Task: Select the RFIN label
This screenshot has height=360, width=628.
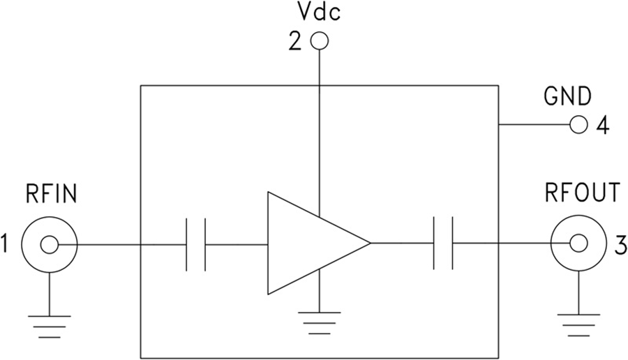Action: (x=50, y=193)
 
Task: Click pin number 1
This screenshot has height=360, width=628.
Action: (x=8, y=245)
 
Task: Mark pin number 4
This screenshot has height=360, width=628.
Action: (x=603, y=126)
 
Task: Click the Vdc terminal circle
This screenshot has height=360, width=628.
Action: (x=319, y=42)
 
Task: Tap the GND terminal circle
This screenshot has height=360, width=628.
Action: (x=578, y=126)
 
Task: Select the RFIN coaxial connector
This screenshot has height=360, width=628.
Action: (x=50, y=244)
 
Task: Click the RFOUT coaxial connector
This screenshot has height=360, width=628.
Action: (x=578, y=243)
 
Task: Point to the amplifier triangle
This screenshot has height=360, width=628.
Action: (x=311, y=243)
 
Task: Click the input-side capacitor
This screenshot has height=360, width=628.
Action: (x=195, y=244)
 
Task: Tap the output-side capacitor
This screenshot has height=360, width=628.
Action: (x=442, y=243)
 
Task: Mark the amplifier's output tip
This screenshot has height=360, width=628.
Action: (x=369, y=243)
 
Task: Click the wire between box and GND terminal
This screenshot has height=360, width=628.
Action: (x=534, y=126)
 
